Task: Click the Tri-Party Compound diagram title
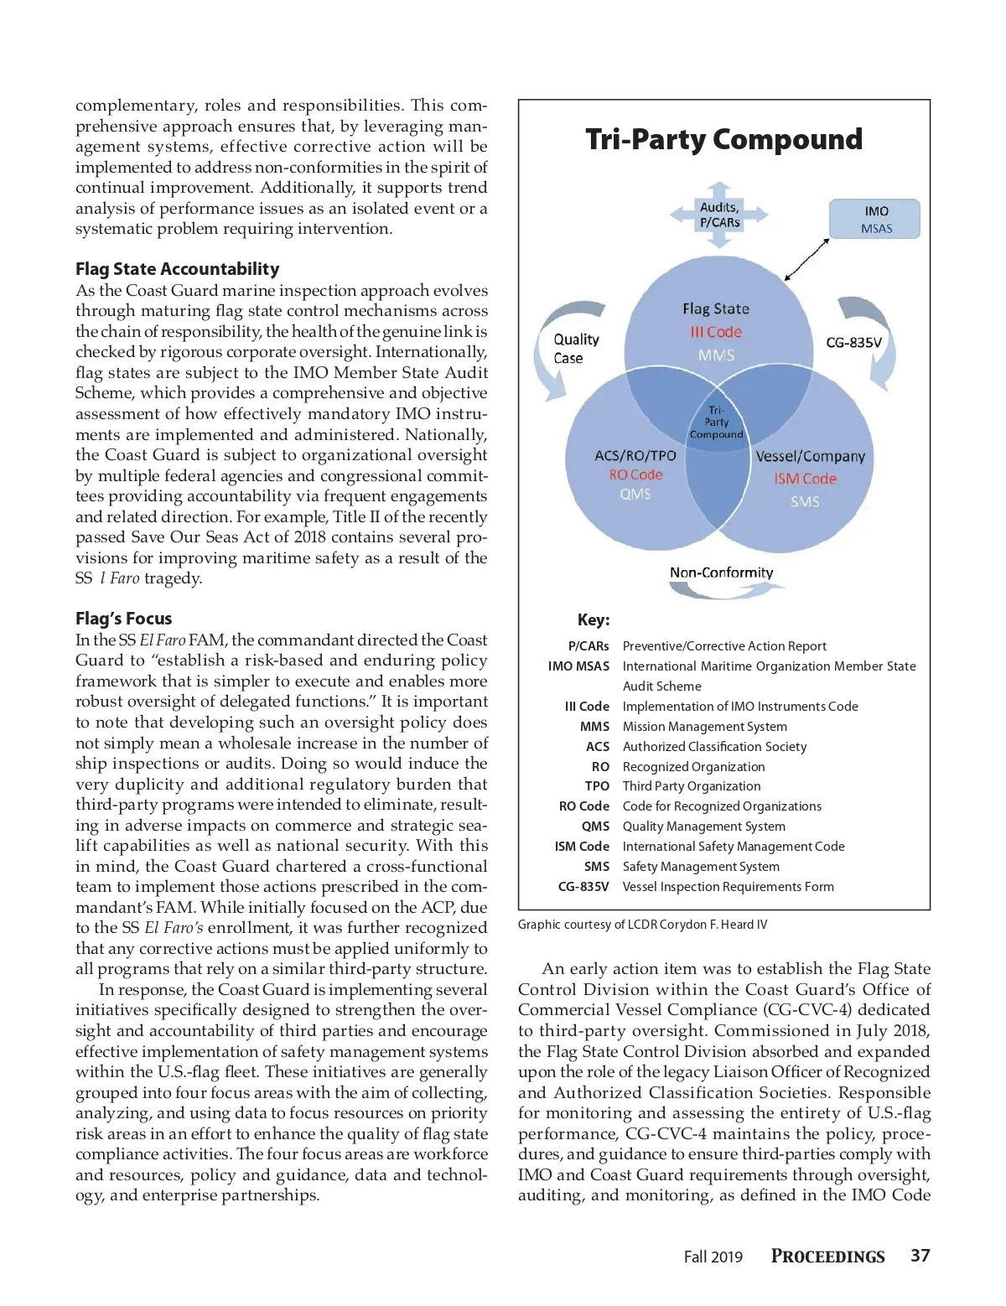pyautogui.click(x=723, y=139)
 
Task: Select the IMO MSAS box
pyautogui.click(x=874, y=220)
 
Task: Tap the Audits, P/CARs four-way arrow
pyautogui.click(x=719, y=215)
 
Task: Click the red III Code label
pyautogui.click(x=716, y=332)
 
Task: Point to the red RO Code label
pyautogui.click(x=635, y=474)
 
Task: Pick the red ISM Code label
pyautogui.click(x=805, y=479)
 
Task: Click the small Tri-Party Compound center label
pyautogui.click(x=716, y=422)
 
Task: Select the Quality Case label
pyautogui.click(x=575, y=349)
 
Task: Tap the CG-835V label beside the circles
pyautogui.click(x=853, y=342)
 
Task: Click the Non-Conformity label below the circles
pyautogui.click(x=721, y=573)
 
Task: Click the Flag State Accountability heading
pyautogui.click(x=177, y=269)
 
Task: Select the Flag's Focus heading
pyautogui.click(x=123, y=619)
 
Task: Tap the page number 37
pyautogui.click(x=920, y=1256)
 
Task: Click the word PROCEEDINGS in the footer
pyautogui.click(x=827, y=1257)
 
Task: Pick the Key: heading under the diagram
pyautogui.click(x=593, y=620)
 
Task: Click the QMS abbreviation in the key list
pyautogui.click(x=595, y=827)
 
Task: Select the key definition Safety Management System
pyautogui.click(x=701, y=867)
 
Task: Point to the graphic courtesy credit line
pyautogui.click(x=642, y=925)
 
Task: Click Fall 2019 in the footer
pyautogui.click(x=713, y=1257)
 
